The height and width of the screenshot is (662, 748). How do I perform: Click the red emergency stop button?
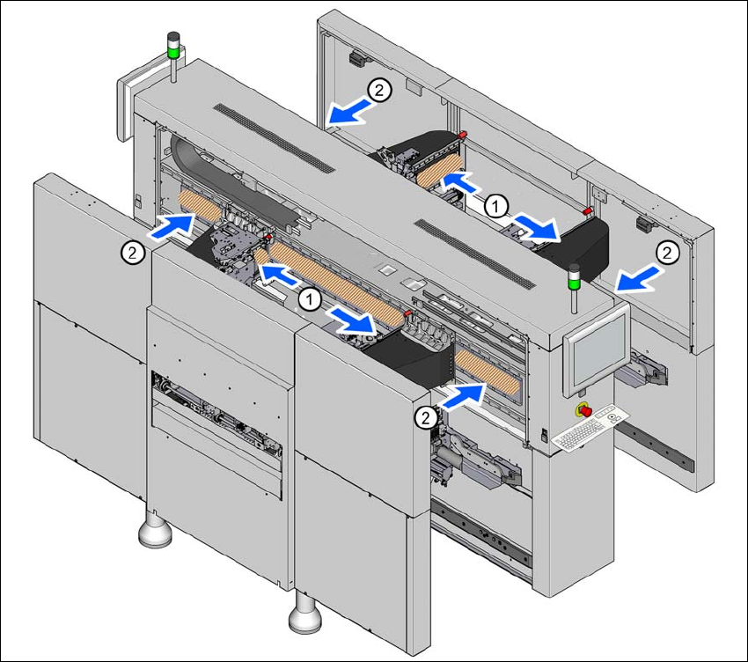[x=584, y=410]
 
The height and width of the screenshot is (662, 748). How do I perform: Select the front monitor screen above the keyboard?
[x=598, y=351]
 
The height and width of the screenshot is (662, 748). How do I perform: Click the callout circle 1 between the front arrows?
[x=310, y=299]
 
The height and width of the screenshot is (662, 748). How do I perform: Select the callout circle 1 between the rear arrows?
[x=496, y=207]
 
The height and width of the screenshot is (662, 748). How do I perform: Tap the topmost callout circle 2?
[x=379, y=90]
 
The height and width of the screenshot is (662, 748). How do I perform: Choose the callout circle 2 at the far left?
[x=133, y=252]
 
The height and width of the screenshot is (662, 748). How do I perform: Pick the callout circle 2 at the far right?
[x=667, y=253]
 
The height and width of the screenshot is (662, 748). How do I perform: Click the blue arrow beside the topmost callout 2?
[x=348, y=111]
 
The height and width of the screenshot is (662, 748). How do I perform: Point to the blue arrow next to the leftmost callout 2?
[x=172, y=225]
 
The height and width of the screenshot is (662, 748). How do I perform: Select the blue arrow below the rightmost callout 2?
[x=638, y=279]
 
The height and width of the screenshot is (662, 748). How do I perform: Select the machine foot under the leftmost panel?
[x=155, y=529]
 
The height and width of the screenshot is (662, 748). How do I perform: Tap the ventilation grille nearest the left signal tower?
[x=274, y=137]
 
